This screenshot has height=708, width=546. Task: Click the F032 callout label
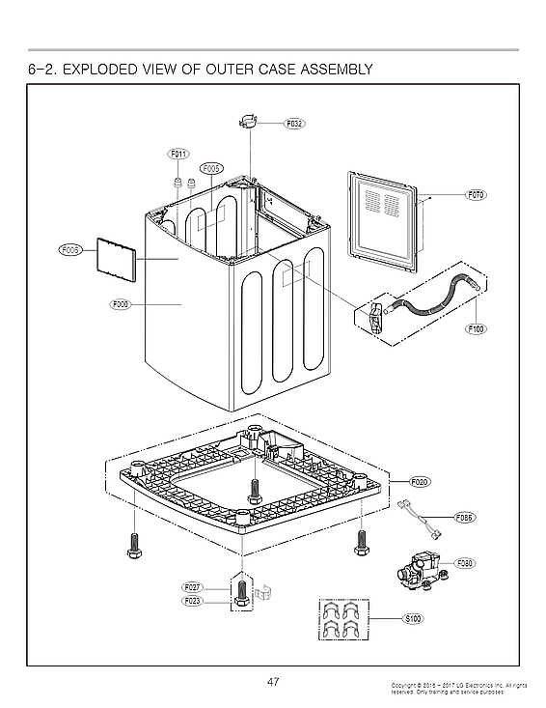pos(294,124)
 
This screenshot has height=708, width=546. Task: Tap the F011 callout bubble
pos(178,155)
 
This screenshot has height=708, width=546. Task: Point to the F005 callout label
pos(211,168)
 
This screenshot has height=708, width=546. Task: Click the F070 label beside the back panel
pos(476,195)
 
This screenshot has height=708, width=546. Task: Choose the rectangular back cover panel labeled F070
pos(383,221)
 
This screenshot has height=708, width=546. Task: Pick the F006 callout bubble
pos(69,250)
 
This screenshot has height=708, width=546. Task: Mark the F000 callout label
pos(120,304)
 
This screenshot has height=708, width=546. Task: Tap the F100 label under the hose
pos(476,328)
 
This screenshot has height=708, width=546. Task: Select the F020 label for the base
pos(420,481)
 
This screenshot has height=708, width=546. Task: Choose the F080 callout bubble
pos(464,562)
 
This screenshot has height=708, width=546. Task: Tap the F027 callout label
pos(192,587)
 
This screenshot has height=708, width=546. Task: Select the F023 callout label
pos(192,600)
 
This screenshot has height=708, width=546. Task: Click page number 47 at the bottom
pos(273,682)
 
